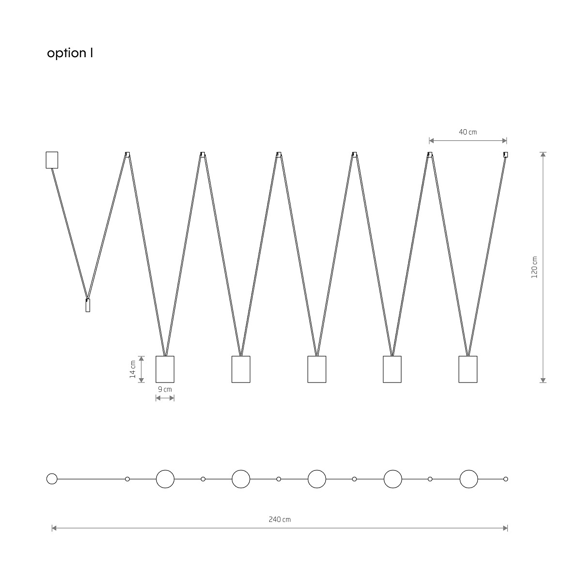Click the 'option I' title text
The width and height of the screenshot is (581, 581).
click(70, 53)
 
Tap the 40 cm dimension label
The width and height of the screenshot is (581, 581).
click(468, 132)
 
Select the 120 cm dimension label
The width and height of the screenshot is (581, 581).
click(534, 267)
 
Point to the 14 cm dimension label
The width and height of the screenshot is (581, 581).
click(133, 369)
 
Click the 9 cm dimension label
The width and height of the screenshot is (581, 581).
click(165, 389)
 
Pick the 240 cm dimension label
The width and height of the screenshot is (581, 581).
click(280, 520)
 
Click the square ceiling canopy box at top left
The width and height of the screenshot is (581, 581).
click(52, 160)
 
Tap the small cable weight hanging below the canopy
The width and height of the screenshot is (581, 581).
click(88, 305)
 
